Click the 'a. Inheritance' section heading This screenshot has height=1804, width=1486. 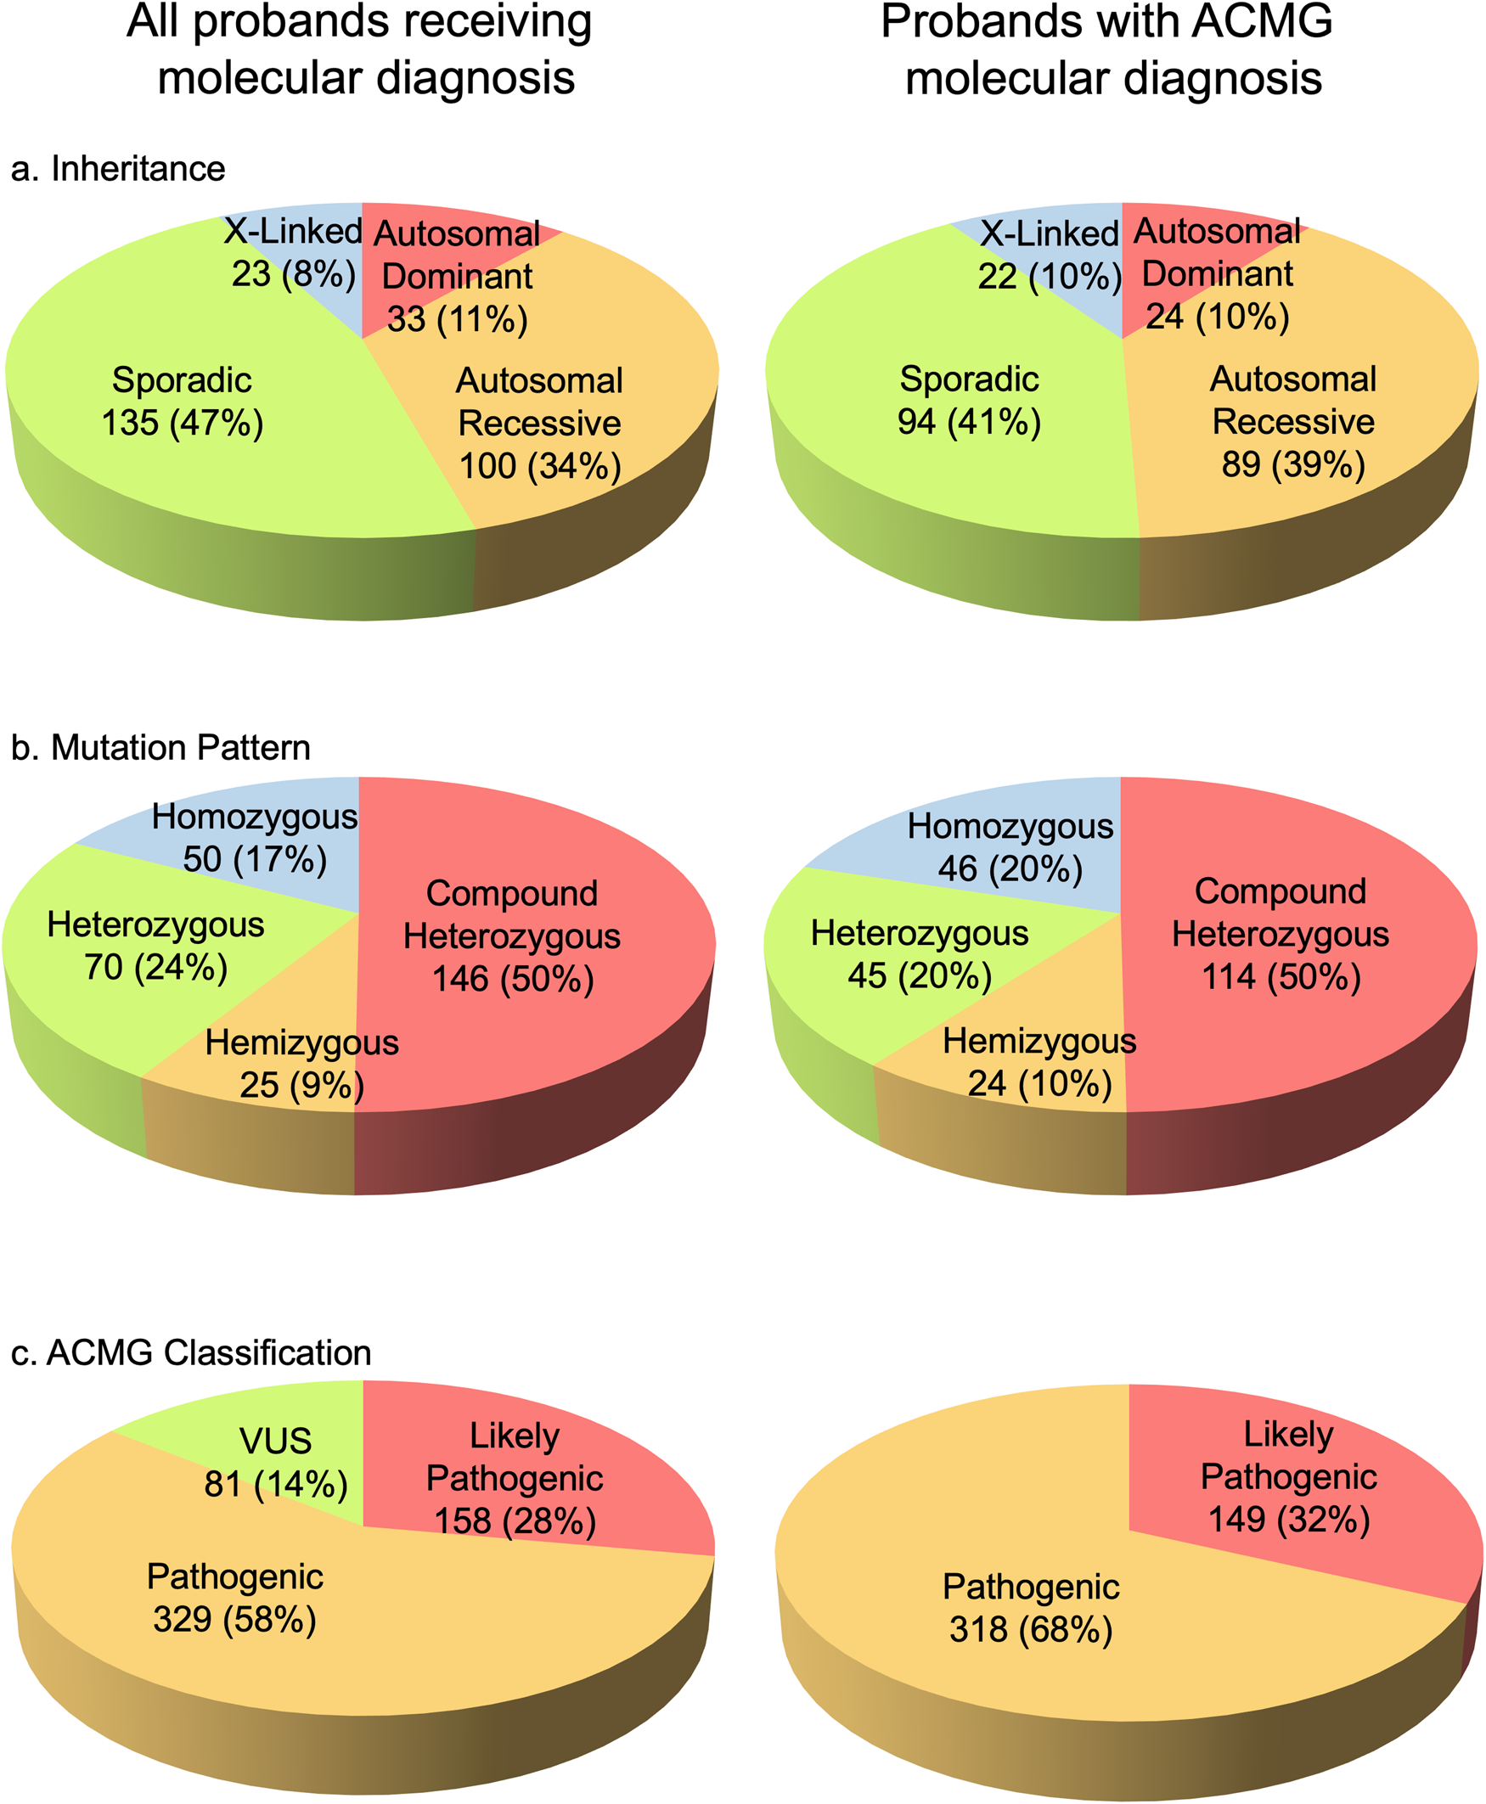coord(118,169)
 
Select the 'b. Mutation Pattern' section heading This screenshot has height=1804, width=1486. coord(160,747)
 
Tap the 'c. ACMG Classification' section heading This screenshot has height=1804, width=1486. coord(191,1352)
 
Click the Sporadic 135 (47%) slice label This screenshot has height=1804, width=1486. coord(182,402)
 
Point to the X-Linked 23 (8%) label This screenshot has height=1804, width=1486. coord(294,252)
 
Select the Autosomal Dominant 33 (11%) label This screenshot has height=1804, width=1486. coord(457,277)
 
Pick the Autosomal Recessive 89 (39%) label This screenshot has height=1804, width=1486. coord(1292,422)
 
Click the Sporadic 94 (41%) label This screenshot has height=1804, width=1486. coord(969,401)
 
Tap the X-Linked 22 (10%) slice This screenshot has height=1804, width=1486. coord(1050,254)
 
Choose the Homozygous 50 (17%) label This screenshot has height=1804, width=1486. coord(254,838)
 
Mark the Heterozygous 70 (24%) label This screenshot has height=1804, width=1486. coord(155,946)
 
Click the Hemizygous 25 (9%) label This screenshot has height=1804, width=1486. coord(301,1064)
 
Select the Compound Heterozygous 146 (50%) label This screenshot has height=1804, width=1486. coord(512,936)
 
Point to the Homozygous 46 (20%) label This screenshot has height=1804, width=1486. coord(1010,847)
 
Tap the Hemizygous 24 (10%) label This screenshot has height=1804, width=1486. coord(1039,1062)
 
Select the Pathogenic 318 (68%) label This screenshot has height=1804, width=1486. coord(1031,1607)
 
